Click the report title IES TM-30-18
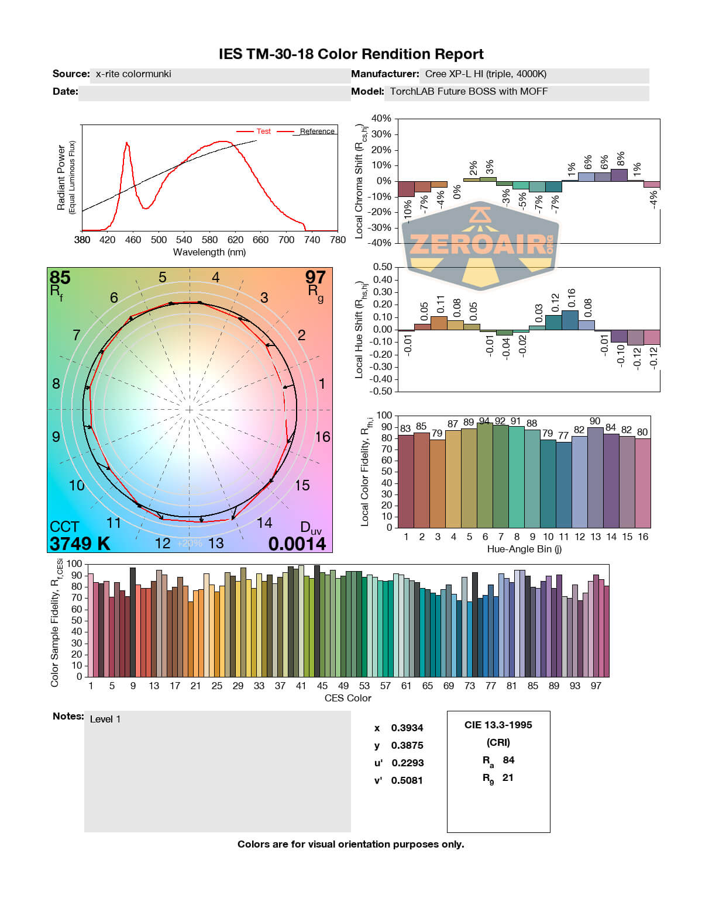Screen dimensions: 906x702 [351, 54]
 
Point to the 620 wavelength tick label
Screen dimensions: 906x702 [235, 240]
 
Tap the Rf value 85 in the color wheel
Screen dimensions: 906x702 [60, 277]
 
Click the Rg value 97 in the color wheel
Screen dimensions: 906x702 [315, 277]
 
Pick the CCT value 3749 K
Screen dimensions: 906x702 [80, 544]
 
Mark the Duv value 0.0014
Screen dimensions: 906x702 [297, 544]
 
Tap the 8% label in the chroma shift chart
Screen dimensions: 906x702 [621, 158]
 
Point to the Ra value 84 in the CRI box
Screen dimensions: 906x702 [508, 760]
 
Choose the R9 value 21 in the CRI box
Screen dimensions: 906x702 [508, 777]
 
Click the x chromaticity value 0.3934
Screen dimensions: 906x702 [407, 728]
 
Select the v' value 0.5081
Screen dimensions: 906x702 [407, 780]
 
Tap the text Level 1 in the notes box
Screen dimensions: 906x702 [105, 720]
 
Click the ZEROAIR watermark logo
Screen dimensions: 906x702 [481, 244]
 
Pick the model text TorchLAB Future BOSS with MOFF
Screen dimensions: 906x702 [469, 91]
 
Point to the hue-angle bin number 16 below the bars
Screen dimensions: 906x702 [643, 537]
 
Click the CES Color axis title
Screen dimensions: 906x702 [347, 698]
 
